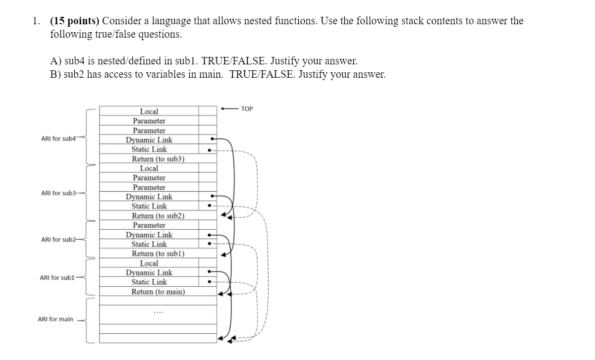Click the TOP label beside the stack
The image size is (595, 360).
(x=247, y=109)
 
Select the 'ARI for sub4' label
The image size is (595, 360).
(x=58, y=139)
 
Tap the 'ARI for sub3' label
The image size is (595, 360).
(x=58, y=193)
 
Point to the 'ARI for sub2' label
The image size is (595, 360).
(x=58, y=240)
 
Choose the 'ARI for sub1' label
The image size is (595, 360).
(x=57, y=277)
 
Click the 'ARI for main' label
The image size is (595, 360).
(x=55, y=319)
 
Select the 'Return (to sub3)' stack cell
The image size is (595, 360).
(x=158, y=159)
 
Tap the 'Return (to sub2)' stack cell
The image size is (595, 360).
(x=158, y=216)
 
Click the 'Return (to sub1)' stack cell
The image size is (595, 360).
(x=158, y=254)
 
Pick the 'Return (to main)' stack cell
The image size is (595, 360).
(x=158, y=292)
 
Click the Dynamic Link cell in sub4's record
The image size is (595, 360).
(x=149, y=140)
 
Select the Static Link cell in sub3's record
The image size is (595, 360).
(x=149, y=206)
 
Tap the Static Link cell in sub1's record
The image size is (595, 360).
(x=149, y=282)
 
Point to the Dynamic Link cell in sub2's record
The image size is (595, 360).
(x=149, y=235)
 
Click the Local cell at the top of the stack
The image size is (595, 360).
(x=149, y=112)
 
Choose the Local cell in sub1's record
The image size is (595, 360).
(x=149, y=263)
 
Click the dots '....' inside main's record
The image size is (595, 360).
(x=158, y=312)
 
